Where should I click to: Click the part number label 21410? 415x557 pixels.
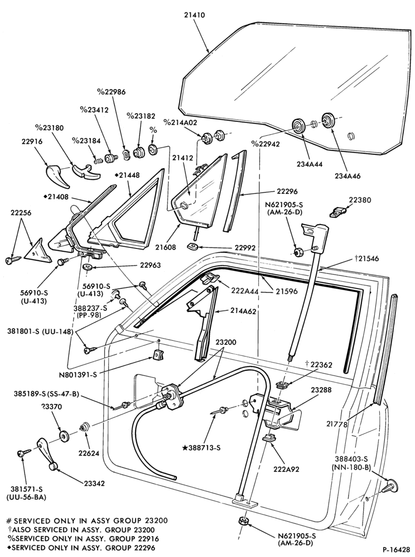(195, 15)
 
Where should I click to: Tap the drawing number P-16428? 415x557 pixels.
(395, 549)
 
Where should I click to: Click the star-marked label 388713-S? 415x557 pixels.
(201, 448)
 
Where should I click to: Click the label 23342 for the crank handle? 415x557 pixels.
(95, 483)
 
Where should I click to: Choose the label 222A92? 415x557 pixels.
(286, 469)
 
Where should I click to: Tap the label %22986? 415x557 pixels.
(111, 92)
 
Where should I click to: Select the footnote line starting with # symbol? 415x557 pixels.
(87, 521)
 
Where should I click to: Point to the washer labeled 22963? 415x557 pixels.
(88, 266)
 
